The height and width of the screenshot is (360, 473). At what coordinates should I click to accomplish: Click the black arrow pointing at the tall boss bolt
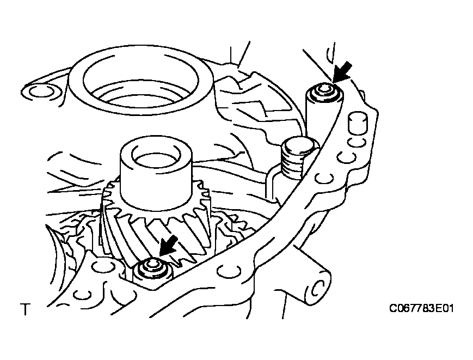[343, 71]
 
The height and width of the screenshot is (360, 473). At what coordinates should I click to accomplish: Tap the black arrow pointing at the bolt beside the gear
[169, 246]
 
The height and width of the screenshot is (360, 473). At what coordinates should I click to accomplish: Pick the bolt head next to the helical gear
[151, 267]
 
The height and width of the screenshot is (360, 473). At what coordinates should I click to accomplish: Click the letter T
[26, 309]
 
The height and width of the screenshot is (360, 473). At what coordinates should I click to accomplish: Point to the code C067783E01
[421, 308]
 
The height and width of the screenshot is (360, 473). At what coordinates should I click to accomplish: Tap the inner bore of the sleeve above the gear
[156, 156]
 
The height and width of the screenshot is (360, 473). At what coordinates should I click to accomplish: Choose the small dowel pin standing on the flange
[358, 124]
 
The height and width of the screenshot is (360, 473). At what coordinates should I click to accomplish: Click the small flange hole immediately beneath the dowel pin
[356, 142]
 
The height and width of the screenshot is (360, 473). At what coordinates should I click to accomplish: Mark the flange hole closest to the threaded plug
[346, 157]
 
